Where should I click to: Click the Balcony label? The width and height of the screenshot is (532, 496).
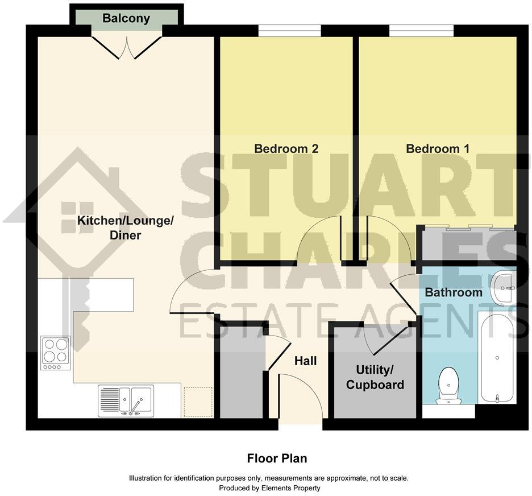pos(126,18)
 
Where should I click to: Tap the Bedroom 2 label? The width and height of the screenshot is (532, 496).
pos(286,149)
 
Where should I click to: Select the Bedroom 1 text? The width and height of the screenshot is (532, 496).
pos(438,149)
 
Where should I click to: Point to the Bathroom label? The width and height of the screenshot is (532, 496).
pos(454,293)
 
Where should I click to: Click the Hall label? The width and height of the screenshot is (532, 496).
pos(305,361)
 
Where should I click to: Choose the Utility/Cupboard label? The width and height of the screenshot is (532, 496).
pos(375,377)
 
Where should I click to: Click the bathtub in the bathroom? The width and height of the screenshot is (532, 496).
pos(497,357)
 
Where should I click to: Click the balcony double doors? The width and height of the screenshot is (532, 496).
pos(126,46)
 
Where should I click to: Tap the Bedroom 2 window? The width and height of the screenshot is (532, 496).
pos(289,31)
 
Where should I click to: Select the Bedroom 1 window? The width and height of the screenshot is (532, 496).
pos(421,31)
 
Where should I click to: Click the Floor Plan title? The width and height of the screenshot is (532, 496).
pos(277,458)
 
